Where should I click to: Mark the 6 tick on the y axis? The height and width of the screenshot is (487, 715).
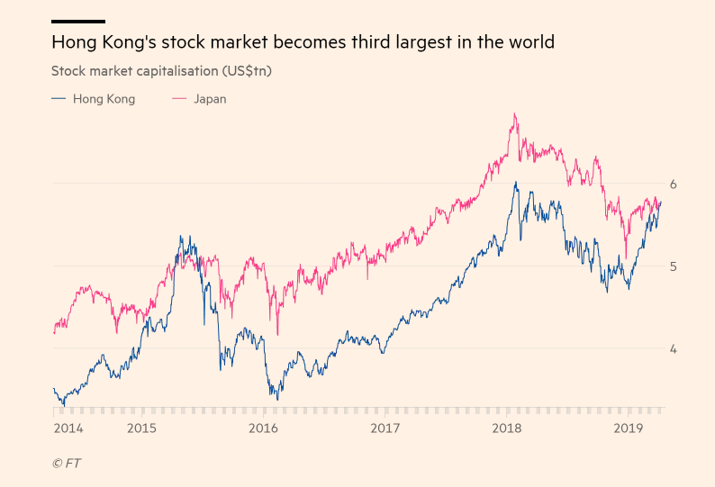tap(673, 184)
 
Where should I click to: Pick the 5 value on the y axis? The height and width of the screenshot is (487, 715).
tap(673, 266)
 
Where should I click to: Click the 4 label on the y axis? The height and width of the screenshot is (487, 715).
tap(673, 349)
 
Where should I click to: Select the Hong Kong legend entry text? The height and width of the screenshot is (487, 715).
tap(104, 99)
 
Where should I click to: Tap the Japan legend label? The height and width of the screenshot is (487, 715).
tap(210, 99)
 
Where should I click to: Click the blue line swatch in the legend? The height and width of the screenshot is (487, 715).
tap(59, 99)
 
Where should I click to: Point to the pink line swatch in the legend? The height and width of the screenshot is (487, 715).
tap(178, 99)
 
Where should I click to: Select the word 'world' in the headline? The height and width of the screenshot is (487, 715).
tap(529, 42)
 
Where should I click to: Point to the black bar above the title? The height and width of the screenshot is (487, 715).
tap(78, 21)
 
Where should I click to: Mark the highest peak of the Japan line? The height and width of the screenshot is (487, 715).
tap(514, 114)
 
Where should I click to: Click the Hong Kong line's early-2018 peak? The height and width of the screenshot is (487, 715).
tap(515, 183)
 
